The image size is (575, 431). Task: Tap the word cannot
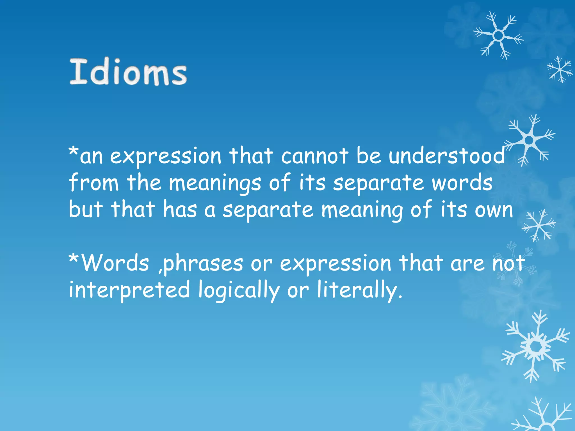click(315, 156)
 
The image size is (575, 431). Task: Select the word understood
click(446, 156)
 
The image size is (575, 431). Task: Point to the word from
click(94, 183)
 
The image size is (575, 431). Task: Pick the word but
click(86, 209)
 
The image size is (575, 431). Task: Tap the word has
click(180, 209)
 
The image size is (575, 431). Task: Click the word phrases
click(203, 264)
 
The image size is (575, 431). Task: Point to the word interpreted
click(129, 290)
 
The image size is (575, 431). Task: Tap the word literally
click(357, 290)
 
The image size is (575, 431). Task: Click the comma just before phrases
click(160, 270)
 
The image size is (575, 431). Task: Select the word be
click(369, 156)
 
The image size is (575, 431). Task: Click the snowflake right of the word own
click(539, 225)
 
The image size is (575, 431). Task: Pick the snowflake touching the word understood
click(529, 140)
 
